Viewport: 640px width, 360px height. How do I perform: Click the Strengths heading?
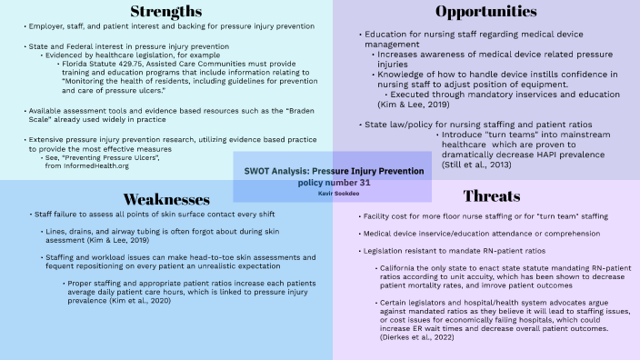[165, 13]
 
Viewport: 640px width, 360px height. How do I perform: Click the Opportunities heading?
[485, 12]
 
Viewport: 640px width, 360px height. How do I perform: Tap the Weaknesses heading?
[165, 197]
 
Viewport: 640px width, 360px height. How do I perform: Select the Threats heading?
[491, 196]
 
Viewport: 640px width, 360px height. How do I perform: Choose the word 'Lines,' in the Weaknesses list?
[54, 232]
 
